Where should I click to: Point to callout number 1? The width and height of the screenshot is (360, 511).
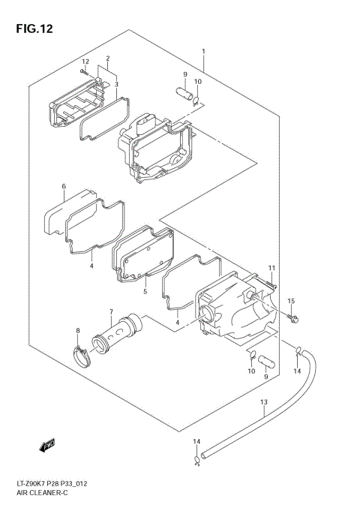click(x=203, y=52)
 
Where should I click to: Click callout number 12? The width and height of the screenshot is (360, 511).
click(x=85, y=62)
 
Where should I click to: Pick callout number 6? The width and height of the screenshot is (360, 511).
click(x=64, y=186)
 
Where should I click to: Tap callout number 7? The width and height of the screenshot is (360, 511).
click(x=110, y=312)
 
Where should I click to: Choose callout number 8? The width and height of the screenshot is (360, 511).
click(x=77, y=330)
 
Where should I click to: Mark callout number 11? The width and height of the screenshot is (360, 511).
click(x=272, y=268)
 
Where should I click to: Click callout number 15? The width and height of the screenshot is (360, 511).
click(x=292, y=301)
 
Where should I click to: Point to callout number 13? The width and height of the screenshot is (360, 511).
click(x=263, y=403)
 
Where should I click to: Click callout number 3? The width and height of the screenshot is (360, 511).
click(x=116, y=85)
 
